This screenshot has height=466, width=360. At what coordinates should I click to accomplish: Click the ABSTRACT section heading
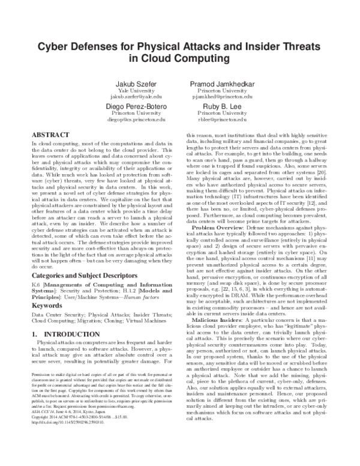click(50, 137)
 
